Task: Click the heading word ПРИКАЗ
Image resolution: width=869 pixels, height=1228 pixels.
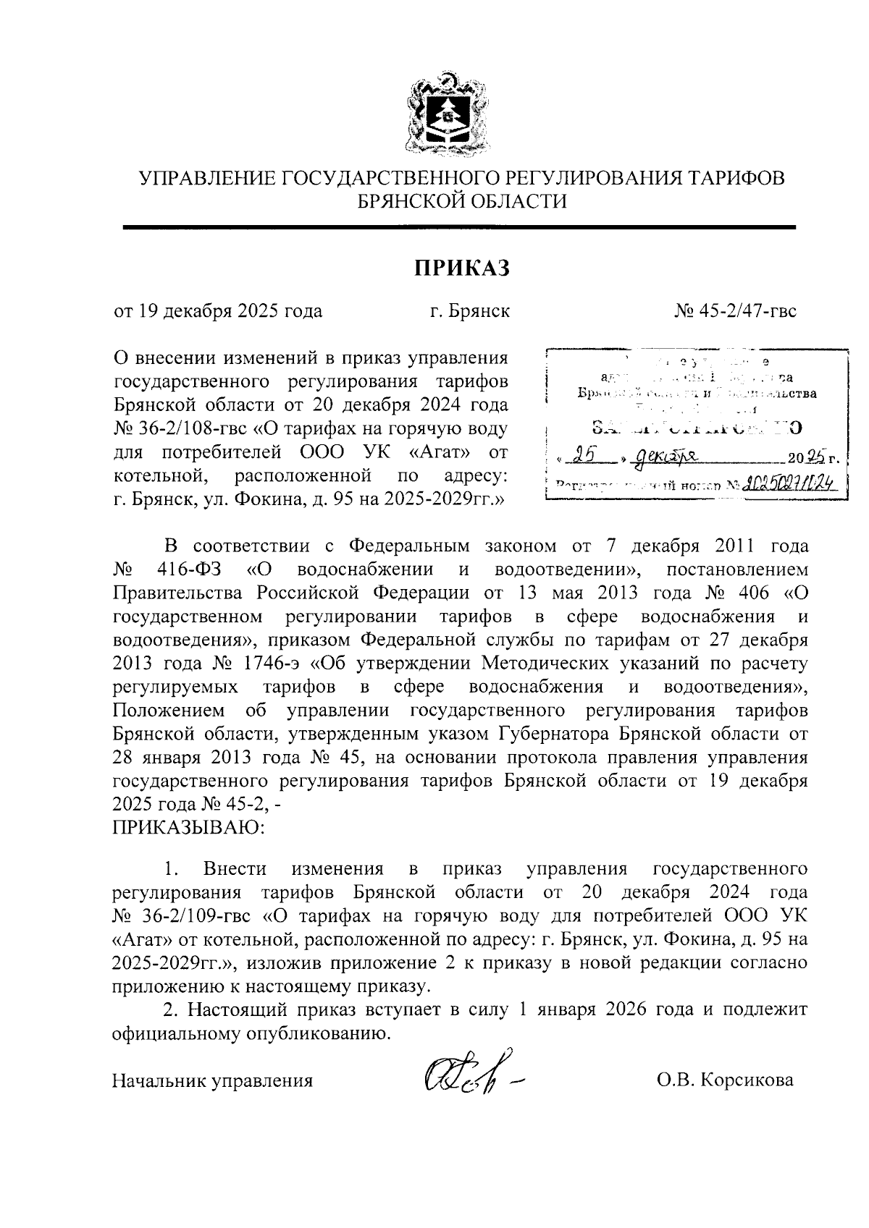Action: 462,268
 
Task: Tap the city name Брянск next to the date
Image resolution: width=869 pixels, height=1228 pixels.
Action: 479,311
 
